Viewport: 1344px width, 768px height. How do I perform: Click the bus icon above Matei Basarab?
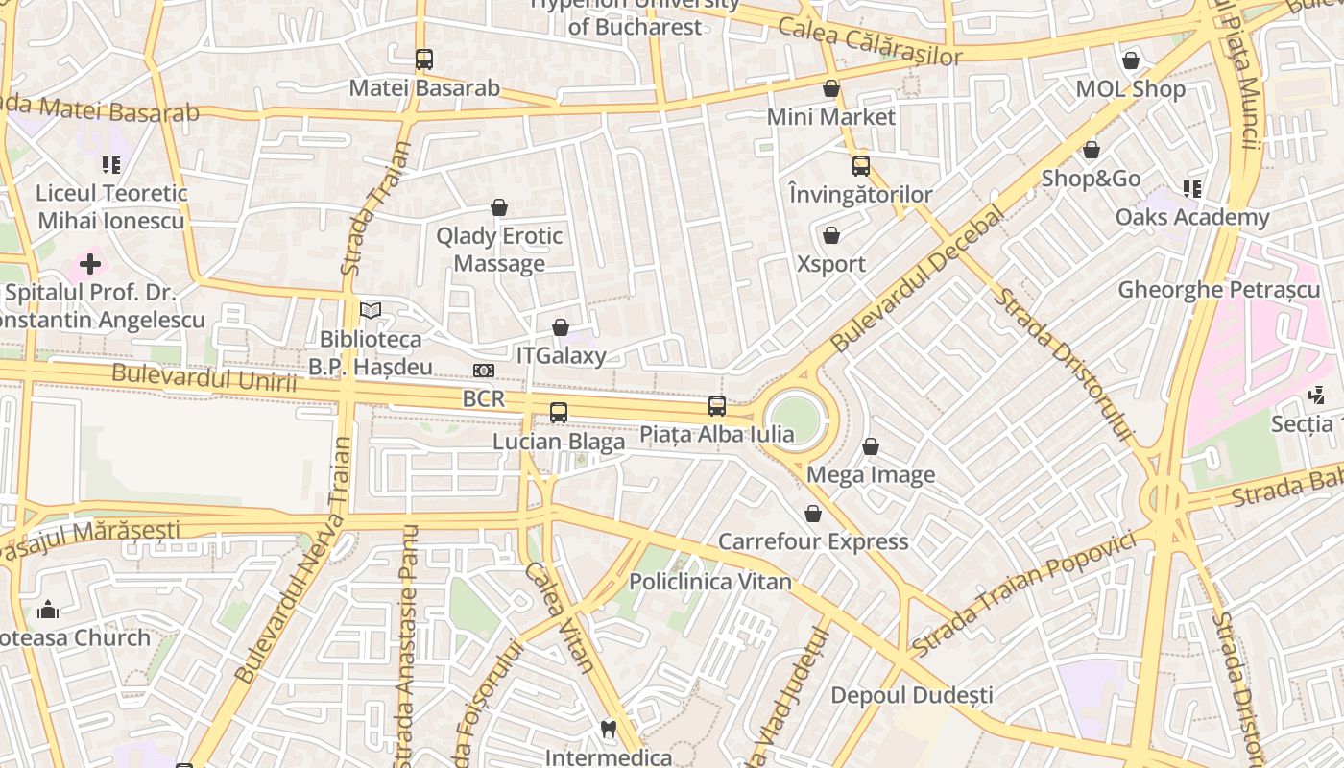click(x=424, y=60)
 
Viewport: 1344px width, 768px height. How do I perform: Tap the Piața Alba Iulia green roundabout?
click(x=796, y=420)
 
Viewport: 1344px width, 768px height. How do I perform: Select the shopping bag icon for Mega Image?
click(x=871, y=447)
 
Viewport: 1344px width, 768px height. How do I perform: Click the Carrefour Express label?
click(x=813, y=541)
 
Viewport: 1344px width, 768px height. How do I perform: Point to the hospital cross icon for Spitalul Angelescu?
click(x=90, y=263)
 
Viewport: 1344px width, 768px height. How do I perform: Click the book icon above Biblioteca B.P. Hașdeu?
click(x=371, y=310)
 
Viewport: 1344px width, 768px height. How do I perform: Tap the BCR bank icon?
click(x=484, y=371)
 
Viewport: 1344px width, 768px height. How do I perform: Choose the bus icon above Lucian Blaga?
click(x=559, y=413)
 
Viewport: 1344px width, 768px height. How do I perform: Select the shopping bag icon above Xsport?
click(x=831, y=235)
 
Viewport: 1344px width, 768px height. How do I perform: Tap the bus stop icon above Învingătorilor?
click(x=861, y=165)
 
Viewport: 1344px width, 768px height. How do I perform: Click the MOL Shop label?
click(x=1130, y=89)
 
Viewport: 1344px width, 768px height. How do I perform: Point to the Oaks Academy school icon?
click(x=1192, y=189)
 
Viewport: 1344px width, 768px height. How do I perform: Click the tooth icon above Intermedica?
click(x=608, y=730)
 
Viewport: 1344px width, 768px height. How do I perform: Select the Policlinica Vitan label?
click(x=710, y=582)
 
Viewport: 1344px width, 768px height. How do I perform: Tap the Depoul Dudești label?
click(x=912, y=694)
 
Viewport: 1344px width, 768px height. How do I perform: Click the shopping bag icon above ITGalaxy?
click(x=561, y=328)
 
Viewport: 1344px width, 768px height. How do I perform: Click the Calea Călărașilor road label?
click(x=870, y=41)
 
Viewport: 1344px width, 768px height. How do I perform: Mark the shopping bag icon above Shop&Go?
click(x=1092, y=151)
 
